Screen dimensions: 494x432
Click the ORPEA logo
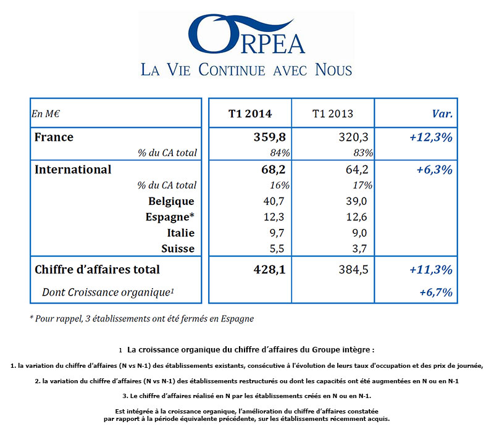246,34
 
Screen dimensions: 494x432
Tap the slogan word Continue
232,70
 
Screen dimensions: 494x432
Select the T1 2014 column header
250,114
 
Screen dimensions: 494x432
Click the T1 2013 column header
333,114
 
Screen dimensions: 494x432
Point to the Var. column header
442,114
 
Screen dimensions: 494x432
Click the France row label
54,137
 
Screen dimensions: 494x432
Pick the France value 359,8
270,137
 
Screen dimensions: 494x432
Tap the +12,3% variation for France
430,137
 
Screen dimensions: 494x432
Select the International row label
73,169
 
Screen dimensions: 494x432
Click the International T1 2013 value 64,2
357,169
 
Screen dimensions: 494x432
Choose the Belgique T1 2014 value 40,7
274,201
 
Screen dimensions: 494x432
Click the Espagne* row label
170,217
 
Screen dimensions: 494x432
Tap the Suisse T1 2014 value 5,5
277,249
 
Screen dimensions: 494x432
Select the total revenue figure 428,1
269,270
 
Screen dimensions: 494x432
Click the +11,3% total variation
430,270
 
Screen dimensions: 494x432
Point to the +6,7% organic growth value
436,292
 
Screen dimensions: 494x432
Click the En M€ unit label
45,114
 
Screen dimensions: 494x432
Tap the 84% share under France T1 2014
280,152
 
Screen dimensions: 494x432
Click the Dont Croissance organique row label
108,292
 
